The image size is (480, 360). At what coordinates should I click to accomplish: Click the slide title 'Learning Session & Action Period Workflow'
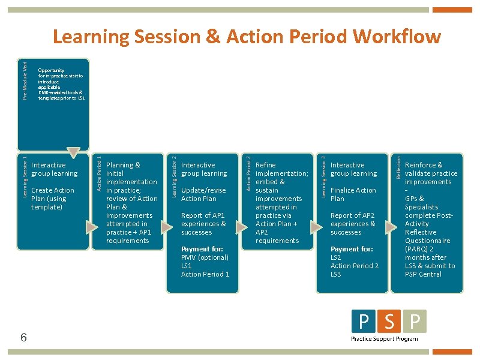pyautogui.click(x=247, y=37)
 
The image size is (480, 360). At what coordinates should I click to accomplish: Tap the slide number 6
pyautogui.click(x=23, y=337)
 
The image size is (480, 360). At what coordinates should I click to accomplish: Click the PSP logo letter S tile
pyautogui.click(x=389, y=322)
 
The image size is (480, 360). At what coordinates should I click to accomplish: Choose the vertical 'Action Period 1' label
pyautogui.click(x=100, y=175)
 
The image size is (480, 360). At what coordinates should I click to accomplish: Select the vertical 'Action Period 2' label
pyautogui.click(x=249, y=175)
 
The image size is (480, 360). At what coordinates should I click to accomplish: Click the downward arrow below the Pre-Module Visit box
pyautogui.click(x=73, y=152)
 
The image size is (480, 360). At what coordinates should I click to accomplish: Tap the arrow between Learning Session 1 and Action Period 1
pyautogui.click(x=91, y=227)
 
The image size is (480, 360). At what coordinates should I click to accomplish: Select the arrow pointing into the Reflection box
pyautogui.click(x=391, y=227)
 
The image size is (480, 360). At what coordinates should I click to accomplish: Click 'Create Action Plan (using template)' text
pyautogui.click(x=53, y=199)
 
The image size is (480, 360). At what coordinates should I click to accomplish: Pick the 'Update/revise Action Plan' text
pyautogui.click(x=203, y=194)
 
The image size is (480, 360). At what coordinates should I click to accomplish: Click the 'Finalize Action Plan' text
pyautogui.click(x=353, y=194)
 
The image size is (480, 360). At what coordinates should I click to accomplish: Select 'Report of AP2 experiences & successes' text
pyautogui.click(x=353, y=224)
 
